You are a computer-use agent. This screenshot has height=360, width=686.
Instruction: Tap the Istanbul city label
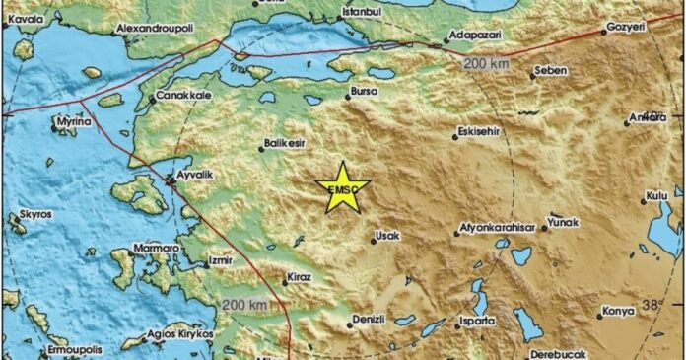coord(360,12)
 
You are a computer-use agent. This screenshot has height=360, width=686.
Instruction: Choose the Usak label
coord(387,236)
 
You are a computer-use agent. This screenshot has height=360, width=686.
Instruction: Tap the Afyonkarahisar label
coord(498,230)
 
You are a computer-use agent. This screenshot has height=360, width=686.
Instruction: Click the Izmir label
coord(219,261)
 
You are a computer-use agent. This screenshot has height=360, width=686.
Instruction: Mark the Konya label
coord(618,312)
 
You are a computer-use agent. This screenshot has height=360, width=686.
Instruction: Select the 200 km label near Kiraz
coord(244,304)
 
